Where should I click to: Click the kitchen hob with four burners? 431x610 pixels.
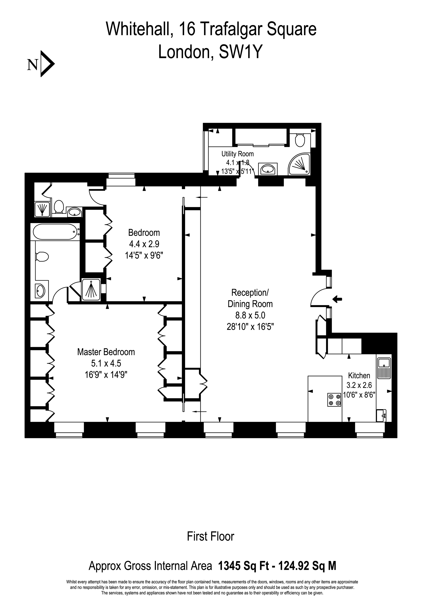[x=334, y=400]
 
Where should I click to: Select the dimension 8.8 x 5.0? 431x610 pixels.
[x=250, y=315]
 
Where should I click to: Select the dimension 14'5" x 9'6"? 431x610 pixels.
[x=144, y=255]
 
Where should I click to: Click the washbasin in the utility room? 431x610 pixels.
[x=268, y=169]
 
